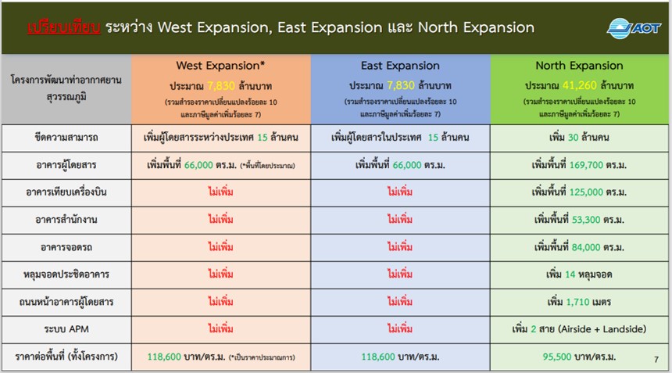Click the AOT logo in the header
634,28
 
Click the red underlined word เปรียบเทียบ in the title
64,27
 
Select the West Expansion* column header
220,66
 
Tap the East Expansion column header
400,66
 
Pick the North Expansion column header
580,66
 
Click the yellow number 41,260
580,85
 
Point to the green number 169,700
586,165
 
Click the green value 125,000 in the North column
586,192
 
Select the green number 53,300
586,220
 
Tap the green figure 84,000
586,247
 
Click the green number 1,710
577,302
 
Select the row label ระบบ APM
66,329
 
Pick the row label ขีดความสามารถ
66,138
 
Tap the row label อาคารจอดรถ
66,247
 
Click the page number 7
656,360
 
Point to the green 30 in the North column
573,138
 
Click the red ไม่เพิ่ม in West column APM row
220,329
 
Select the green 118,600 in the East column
378,357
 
